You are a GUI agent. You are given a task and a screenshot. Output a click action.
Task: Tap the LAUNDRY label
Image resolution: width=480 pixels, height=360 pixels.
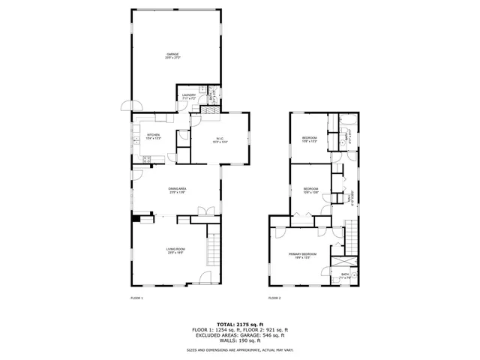click(189, 95)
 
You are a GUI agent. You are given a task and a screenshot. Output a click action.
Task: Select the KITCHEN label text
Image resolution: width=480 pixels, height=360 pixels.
click(153, 136)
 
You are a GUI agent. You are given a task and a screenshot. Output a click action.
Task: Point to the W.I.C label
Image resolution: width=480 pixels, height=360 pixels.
click(220, 138)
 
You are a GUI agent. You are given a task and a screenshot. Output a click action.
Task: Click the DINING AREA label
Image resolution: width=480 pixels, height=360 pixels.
click(176, 190)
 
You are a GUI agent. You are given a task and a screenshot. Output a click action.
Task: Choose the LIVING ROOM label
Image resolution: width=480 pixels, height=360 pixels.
click(175, 249)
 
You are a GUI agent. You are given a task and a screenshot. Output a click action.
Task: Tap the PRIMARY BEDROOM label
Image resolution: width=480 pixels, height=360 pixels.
click(303, 254)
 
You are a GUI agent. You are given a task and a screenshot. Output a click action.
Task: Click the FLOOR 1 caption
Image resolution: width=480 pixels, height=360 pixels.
click(136, 298)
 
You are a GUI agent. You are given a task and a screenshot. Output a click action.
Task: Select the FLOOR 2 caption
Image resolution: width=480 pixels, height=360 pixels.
click(274, 298)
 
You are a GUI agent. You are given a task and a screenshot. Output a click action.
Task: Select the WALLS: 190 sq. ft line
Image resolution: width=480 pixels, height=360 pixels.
click(239, 341)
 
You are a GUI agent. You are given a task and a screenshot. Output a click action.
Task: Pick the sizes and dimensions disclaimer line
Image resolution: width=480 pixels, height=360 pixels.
click(239, 350)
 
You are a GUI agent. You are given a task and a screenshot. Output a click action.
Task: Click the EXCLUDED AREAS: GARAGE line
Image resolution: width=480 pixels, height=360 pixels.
click(239, 336)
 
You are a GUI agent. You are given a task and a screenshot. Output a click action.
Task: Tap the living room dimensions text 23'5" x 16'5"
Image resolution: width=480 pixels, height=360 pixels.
click(175, 253)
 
